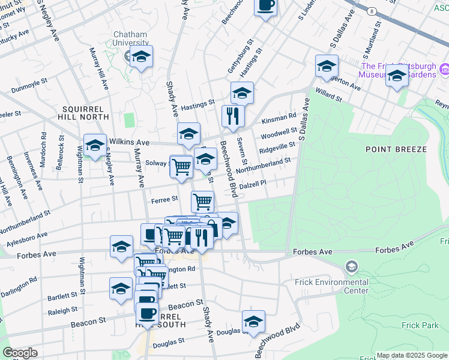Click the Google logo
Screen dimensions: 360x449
click(20, 353)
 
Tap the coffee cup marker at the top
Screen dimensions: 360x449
click(265, 6)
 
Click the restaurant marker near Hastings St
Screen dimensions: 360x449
click(232, 115)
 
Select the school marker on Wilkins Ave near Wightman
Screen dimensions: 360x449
click(95, 145)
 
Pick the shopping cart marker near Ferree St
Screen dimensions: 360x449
click(203, 200)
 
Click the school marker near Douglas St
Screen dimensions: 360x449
click(253, 322)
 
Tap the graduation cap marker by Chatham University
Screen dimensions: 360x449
click(142, 57)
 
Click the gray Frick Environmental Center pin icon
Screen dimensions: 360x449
click(351, 266)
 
